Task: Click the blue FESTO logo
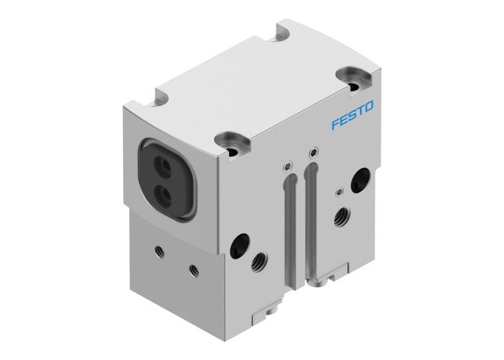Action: tap(353, 115)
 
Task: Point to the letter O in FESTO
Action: tap(369, 107)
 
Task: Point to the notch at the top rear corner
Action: tap(281, 34)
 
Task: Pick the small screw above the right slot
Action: tap(312, 153)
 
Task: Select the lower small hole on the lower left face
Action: tap(193, 269)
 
